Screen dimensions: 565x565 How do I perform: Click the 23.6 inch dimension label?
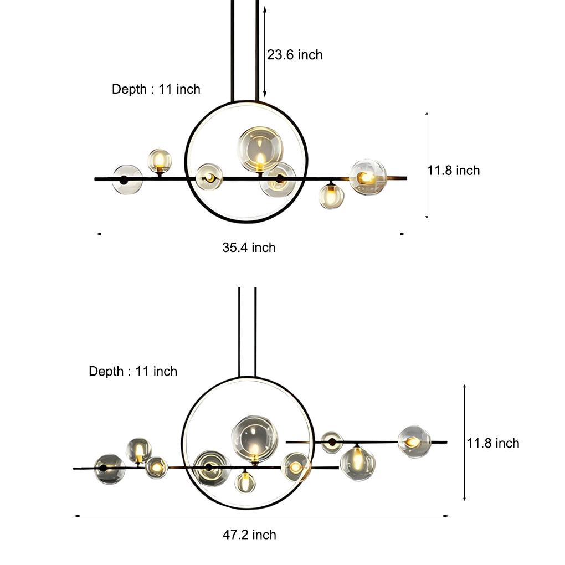point(295,55)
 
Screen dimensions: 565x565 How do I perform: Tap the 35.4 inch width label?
point(249,248)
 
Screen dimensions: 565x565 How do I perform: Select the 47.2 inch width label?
point(249,535)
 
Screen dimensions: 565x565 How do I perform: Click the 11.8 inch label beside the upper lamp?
point(454,171)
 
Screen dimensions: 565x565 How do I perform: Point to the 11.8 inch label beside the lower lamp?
point(493,443)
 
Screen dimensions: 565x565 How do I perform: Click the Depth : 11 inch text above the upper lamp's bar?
point(156,89)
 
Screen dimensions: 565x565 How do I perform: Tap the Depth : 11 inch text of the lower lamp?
point(133,371)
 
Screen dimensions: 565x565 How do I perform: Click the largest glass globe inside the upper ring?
point(260,149)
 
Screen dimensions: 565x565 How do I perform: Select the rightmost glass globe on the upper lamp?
point(368,177)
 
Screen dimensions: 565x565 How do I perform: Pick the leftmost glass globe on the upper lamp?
point(127,179)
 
